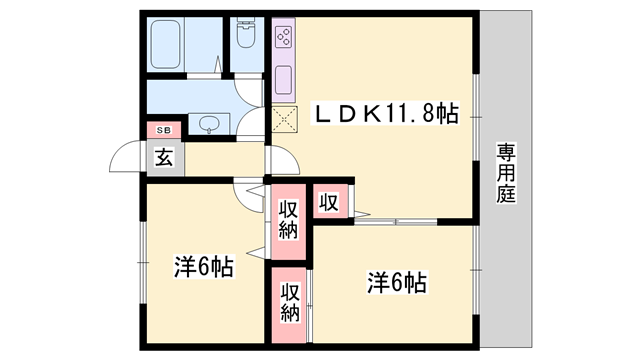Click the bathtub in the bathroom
point(165,44)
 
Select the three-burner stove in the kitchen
point(284,37)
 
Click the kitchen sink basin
point(283,80)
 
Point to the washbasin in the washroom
point(209,124)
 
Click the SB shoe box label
point(164,131)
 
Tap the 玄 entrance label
point(164,158)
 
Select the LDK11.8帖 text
point(386,113)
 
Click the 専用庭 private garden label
point(506,173)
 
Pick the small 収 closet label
point(329,202)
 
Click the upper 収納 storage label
point(289,220)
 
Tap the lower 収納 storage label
point(290,302)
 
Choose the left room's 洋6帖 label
point(204,267)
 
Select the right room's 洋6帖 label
point(397,283)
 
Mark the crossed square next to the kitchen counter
point(284,119)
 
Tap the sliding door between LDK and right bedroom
point(396,222)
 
